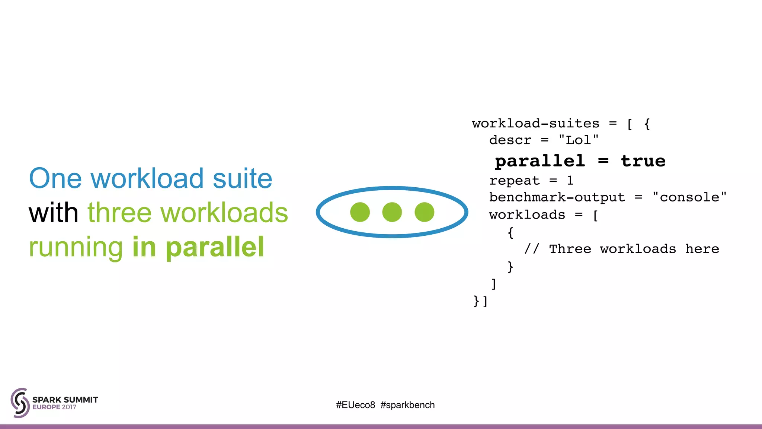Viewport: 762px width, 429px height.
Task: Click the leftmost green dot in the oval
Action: (360, 212)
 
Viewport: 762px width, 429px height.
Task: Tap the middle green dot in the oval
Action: (392, 212)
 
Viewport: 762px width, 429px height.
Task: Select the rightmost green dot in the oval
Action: (424, 212)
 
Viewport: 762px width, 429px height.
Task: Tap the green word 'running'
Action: (76, 247)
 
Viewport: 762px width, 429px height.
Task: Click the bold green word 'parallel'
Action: (215, 247)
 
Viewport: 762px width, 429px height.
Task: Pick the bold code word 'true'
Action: (643, 161)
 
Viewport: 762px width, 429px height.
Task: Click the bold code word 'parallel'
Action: (540, 161)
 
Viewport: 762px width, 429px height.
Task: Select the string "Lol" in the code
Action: (579, 140)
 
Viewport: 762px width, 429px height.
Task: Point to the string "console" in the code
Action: (689, 197)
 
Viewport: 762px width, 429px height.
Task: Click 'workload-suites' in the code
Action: (535, 123)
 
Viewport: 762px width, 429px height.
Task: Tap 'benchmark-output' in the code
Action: (557, 197)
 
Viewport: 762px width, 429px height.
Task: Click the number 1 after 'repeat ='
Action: (570, 181)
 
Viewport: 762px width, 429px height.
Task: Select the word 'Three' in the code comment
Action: (570, 249)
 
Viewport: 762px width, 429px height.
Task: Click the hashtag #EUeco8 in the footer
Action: (355, 405)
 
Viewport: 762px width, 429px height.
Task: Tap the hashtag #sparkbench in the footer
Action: (407, 405)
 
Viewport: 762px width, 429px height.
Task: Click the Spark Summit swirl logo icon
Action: (20, 403)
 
